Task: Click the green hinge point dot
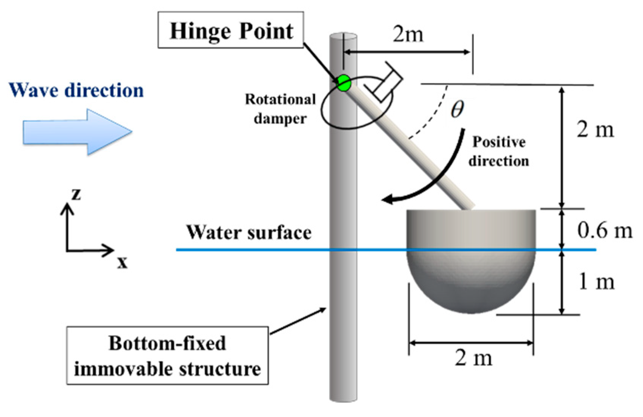[344, 83]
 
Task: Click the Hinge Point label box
[231, 30]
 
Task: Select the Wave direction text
[76, 91]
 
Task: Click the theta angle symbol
[457, 109]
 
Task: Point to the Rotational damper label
[280, 109]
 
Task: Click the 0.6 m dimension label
[604, 230]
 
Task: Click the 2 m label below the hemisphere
[473, 358]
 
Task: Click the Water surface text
[249, 233]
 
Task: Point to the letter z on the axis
[76, 194]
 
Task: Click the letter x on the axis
[122, 262]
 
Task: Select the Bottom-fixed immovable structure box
[167, 356]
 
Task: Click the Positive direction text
[498, 151]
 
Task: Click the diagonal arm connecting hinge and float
[416, 151]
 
